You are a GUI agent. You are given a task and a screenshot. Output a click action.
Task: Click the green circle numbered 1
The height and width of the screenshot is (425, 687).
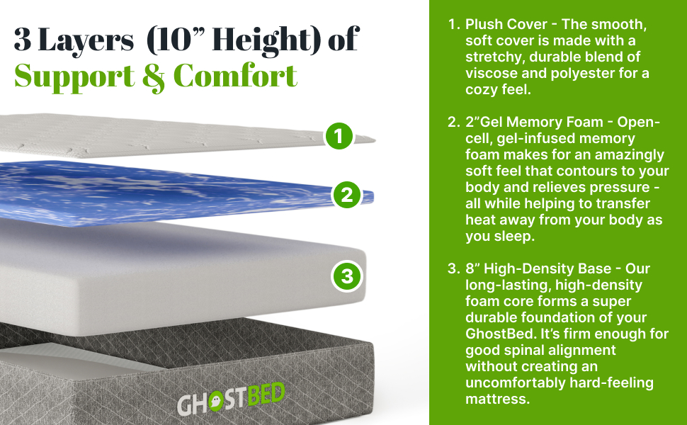click(339, 136)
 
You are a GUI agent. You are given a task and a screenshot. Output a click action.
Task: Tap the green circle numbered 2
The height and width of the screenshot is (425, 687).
click(346, 195)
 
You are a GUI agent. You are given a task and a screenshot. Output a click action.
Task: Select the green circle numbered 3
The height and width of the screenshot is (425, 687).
click(347, 276)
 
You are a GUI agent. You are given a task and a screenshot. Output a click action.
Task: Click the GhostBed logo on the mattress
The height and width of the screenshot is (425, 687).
click(230, 404)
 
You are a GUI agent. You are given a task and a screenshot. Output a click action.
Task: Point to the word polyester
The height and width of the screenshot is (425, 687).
click(583, 73)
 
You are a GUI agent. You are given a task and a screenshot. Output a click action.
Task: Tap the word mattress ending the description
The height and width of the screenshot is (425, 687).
click(497, 399)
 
